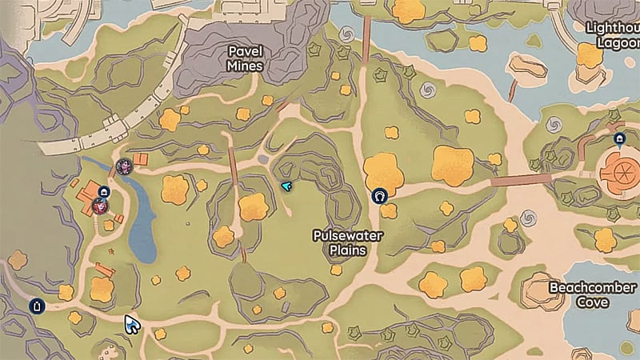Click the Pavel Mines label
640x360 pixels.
click(x=245, y=58)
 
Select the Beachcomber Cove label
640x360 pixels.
click(x=593, y=294)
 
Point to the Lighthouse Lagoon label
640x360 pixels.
click(x=613, y=34)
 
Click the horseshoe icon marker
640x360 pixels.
click(x=380, y=195)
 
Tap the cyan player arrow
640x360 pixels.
click(x=286, y=186)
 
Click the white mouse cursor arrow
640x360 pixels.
click(x=131, y=325)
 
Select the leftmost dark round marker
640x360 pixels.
click(x=36, y=306)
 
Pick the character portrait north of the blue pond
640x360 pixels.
click(x=125, y=166)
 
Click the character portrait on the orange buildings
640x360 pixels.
click(x=100, y=206)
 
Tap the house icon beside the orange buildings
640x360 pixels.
click(x=104, y=192)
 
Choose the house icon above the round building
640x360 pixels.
click(x=619, y=138)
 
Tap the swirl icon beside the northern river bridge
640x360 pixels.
click(x=347, y=35)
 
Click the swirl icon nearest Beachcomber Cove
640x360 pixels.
click(x=526, y=217)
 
